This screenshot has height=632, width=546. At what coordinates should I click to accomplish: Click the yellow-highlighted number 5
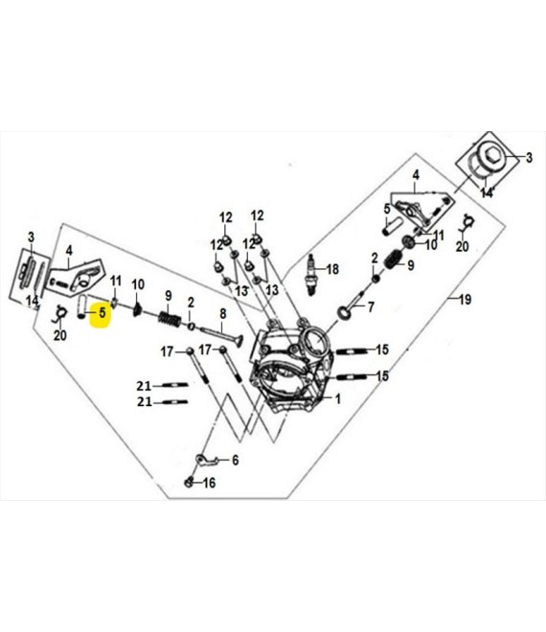[102, 312]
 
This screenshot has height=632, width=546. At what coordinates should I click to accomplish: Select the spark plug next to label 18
[311, 275]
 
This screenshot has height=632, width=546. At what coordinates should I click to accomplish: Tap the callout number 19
[465, 300]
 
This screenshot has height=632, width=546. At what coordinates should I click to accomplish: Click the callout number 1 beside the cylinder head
[338, 399]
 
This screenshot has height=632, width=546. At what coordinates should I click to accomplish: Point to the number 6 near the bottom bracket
[235, 460]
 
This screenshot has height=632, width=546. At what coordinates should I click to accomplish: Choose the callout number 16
[209, 483]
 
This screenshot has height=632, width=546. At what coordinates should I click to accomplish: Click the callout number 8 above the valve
[222, 313]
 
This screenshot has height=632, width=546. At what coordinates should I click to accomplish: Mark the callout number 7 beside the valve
[371, 307]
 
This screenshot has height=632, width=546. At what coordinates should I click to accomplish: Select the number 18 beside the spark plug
[332, 269]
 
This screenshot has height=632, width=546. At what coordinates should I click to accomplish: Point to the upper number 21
[144, 386]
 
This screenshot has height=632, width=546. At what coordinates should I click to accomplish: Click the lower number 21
[144, 402]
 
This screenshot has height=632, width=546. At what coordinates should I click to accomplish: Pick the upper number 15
[382, 350]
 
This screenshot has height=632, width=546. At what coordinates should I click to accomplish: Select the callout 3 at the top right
[529, 157]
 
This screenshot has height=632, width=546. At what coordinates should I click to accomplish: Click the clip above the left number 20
[60, 313]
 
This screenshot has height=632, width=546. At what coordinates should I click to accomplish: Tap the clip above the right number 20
[466, 223]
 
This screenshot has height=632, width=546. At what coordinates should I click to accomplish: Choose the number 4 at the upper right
[416, 175]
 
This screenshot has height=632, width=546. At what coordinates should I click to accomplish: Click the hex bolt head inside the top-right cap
[492, 153]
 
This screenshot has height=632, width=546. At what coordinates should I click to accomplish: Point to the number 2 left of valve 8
[191, 303]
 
